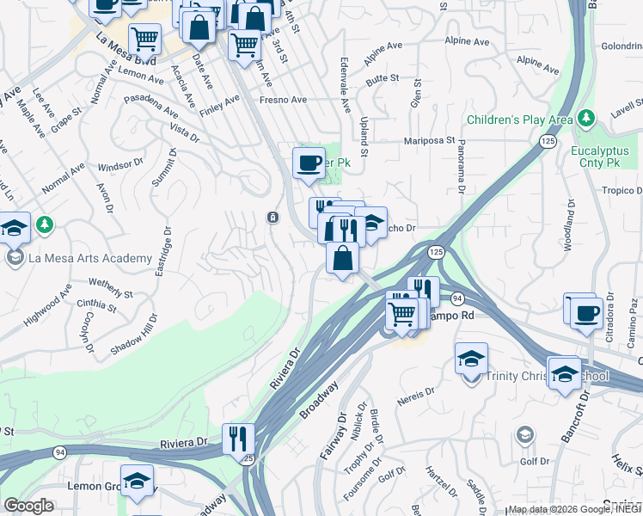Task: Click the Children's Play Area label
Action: [519, 120]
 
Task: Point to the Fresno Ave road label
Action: [283, 100]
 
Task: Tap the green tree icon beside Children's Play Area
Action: [585, 117]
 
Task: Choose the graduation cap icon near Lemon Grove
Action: [137, 482]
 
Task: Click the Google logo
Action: [29, 505]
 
